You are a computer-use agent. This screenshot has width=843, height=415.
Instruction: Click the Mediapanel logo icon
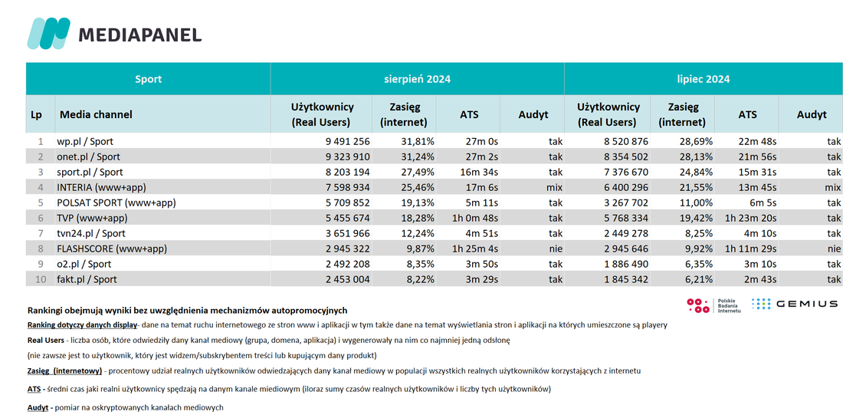point(48,34)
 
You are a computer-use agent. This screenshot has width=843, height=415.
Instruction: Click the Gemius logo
point(794,304)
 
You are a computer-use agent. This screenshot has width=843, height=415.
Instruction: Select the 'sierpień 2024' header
point(417,79)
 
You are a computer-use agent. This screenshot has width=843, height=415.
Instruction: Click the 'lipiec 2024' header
point(704,79)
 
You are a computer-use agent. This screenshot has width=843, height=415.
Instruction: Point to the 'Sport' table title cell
point(148,79)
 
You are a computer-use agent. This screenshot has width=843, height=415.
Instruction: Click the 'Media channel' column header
point(96,114)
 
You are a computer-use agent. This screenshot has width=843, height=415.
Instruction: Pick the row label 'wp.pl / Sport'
point(86,142)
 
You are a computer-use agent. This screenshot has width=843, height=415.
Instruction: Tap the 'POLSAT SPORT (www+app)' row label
point(116,203)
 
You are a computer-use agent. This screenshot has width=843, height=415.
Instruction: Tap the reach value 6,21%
point(697,279)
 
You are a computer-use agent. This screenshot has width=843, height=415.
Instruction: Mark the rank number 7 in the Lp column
point(40,234)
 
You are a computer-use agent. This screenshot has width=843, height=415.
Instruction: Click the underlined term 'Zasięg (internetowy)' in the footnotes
point(64,371)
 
